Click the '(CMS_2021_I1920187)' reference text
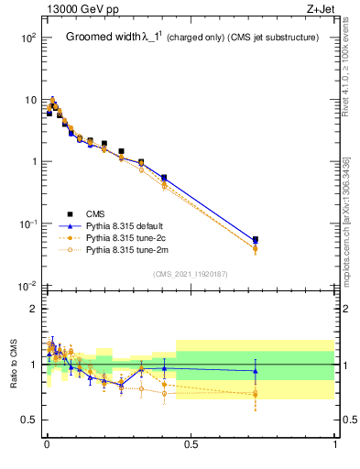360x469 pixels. [x=190, y=273]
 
